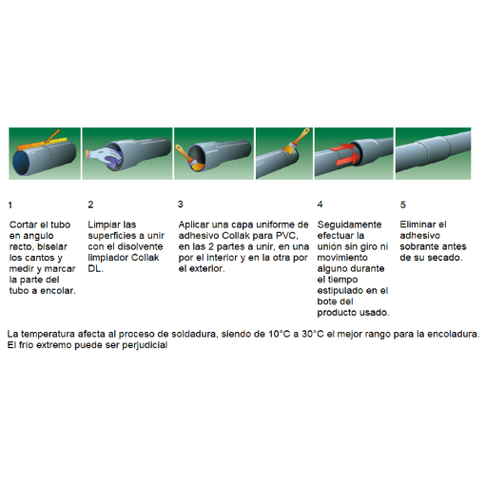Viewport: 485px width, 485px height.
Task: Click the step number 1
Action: pos(10,204)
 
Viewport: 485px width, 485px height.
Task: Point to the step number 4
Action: pos(320,204)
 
